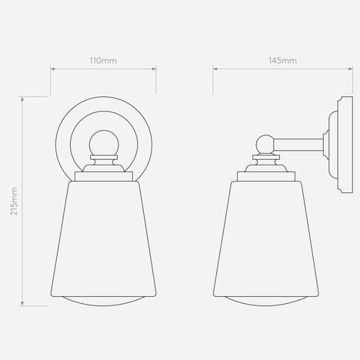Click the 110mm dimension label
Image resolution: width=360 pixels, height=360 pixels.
103,61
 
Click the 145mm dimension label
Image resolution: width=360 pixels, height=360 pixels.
282,61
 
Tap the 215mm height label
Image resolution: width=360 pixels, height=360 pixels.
14,201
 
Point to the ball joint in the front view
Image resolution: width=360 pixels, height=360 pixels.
104,143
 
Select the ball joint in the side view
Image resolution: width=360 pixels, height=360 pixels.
265,145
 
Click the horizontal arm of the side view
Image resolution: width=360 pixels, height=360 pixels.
299,145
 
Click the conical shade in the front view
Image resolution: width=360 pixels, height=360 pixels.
104,239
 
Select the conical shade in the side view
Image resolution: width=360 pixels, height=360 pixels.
266,239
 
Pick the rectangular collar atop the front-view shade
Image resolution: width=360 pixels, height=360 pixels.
104,176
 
